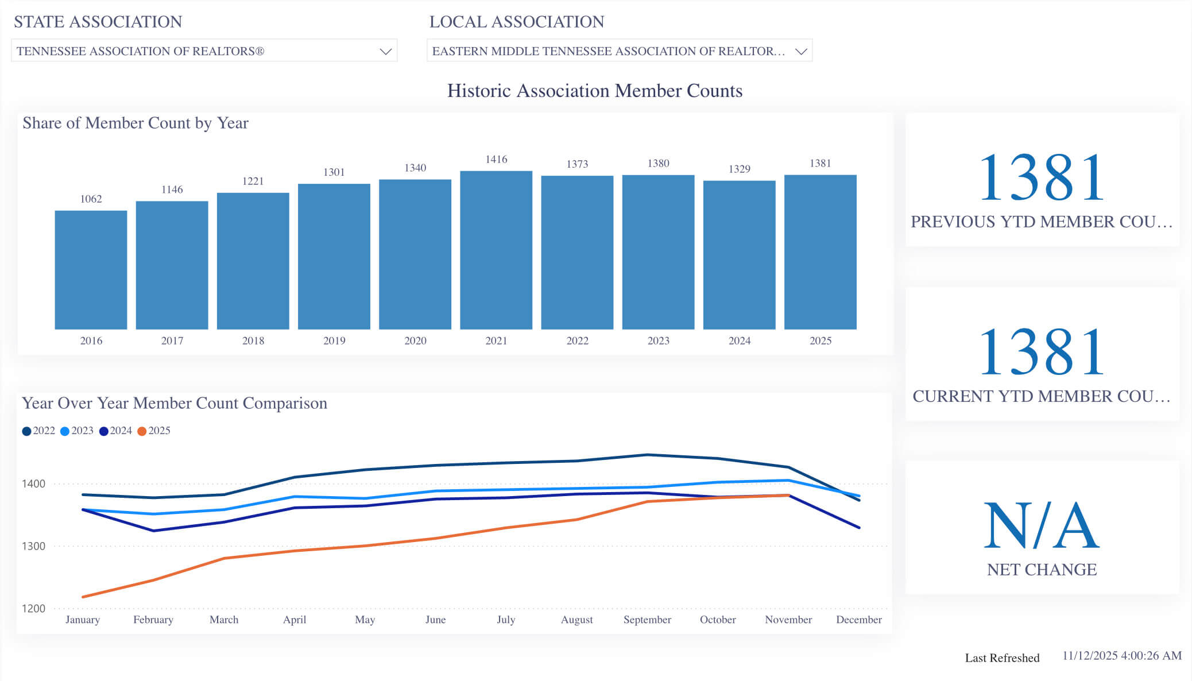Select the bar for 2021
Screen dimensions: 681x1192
click(496, 250)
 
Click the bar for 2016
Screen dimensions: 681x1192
click(91, 270)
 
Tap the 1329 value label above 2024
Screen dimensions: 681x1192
click(739, 169)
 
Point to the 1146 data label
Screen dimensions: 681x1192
click(172, 189)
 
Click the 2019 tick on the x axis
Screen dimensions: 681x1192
click(334, 340)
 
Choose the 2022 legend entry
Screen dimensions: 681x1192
click(38, 431)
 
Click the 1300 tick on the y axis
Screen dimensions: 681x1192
click(33, 546)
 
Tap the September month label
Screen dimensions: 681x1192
click(647, 620)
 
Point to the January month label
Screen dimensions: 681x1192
click(83, 620)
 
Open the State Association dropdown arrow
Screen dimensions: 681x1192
click(385, 52)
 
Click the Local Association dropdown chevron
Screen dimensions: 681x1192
click(801, 52)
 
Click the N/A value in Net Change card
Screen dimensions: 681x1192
click(1042, 525)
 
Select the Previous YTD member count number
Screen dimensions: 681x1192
click(1042, 177)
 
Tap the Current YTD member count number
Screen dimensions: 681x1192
click(1042, 352)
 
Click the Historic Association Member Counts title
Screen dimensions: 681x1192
click(595, 91)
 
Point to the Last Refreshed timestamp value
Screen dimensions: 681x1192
click(1121, 656)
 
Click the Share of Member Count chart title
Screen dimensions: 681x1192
click(136, 123)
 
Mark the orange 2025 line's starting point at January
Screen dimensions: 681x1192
click(83, 597)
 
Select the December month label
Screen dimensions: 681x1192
click(858, 620)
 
